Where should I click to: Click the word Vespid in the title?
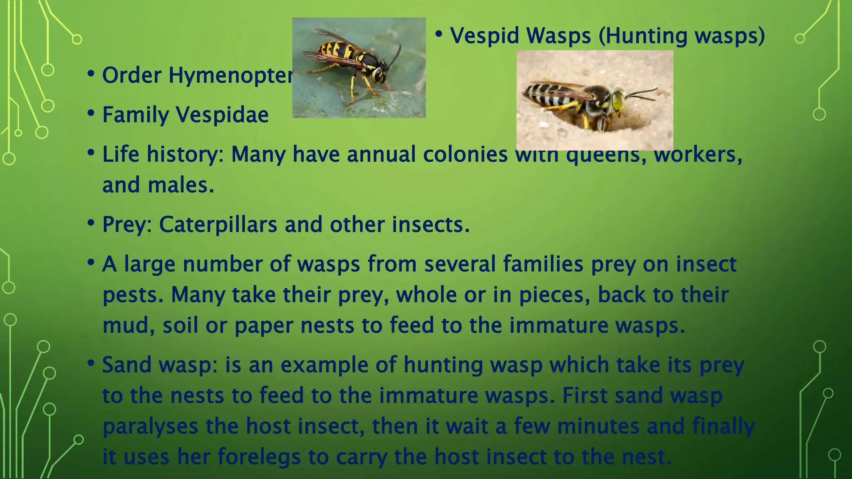[x=485, y=36]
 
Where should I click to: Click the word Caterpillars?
[x=218, y=225]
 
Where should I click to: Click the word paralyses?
[x=150, y=427]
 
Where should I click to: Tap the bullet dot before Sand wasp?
[x=91, y=363]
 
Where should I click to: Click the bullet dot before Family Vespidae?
[x=91, y=113]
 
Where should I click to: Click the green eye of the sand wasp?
[x=617, y=100]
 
